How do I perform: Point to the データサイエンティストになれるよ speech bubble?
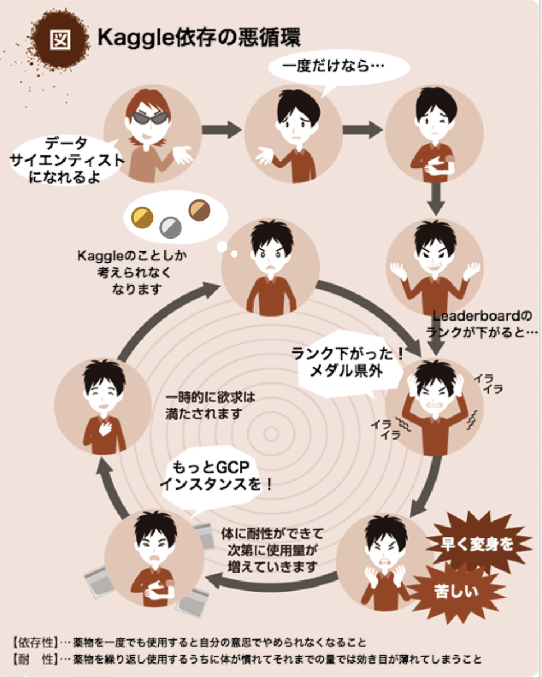pyautogui.click(x=67, y=161)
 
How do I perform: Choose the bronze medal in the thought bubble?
pyautogui.click(x=199, y=210)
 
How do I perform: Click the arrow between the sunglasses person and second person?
pyautogui.click(x=221, y=130)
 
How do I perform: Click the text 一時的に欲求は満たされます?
pyautogui.click(x=210, y=405)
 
